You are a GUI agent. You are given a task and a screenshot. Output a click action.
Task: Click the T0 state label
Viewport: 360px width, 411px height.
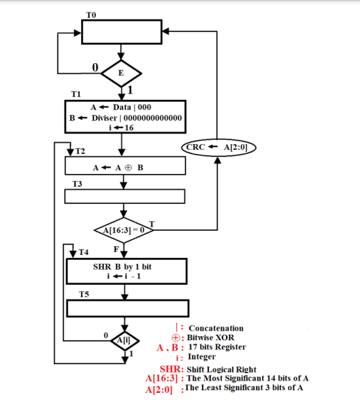(92, 14)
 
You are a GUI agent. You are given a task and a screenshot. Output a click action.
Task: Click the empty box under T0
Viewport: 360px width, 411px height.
(121, 31)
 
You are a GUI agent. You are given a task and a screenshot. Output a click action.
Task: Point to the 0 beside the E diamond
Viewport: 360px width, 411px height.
(95, 67)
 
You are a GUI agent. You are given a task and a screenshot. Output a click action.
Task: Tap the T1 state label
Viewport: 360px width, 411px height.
(76, 94)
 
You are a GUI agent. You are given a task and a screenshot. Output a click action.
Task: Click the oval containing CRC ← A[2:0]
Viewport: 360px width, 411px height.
(218, 147)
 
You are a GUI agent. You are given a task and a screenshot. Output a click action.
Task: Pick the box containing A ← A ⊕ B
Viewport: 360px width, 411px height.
(125, 166)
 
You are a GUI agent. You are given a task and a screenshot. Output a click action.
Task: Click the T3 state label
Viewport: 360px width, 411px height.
(78, 184)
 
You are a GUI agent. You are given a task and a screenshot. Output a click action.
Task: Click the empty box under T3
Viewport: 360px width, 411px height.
(125, 196)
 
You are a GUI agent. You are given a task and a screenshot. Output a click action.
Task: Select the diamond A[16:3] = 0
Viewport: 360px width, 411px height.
(123, 229)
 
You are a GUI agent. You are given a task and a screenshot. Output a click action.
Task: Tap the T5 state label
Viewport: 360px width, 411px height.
(83, 295)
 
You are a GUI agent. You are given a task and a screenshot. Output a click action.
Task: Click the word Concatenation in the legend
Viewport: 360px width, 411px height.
(216, 328)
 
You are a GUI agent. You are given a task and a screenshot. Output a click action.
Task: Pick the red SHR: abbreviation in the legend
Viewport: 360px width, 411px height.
(171, 369)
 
